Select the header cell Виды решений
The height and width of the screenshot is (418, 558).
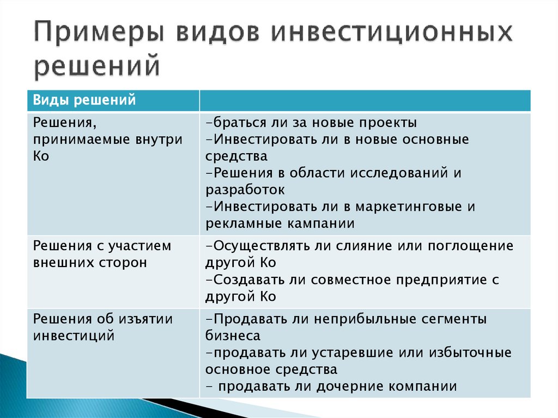click(84, 100)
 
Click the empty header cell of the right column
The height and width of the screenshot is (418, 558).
click(365, 101)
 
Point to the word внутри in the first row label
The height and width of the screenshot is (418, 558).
click(157, 139)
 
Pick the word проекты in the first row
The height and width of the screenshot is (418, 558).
click(386, 122)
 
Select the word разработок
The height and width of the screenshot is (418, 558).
click(245, 190)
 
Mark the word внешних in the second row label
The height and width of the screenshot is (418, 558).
click(60, 262)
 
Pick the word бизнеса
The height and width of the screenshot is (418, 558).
click(233, 336)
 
